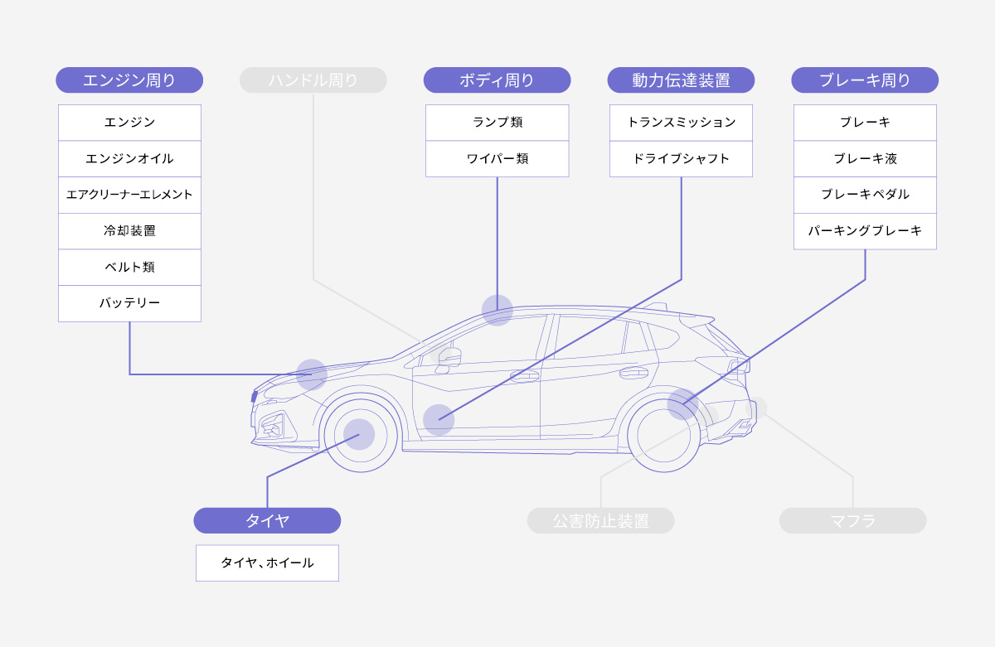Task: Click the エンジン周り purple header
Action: point(129,80)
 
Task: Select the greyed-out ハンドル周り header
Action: point(313,80)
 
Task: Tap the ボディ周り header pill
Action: point(497,80)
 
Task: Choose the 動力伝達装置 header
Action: point(681,80)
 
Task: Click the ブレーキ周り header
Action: point(865,80)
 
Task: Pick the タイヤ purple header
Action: point(267,520)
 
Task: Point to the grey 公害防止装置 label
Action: point(601,521)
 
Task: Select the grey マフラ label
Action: point(852,521)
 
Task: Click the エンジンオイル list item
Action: point(129,158)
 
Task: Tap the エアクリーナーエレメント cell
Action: point(129,195)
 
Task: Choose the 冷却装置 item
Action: point(129,231)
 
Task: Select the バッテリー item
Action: point(129,303)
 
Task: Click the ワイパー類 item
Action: point(497,158)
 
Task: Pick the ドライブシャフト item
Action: point(681,158)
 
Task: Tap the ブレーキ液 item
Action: point(865,158)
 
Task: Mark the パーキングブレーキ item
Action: point(865,231)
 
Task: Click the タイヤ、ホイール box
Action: point(267,563)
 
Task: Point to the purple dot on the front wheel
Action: point(359,434)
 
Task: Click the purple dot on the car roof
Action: point(498,310)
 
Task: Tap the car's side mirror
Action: point(449,357)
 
